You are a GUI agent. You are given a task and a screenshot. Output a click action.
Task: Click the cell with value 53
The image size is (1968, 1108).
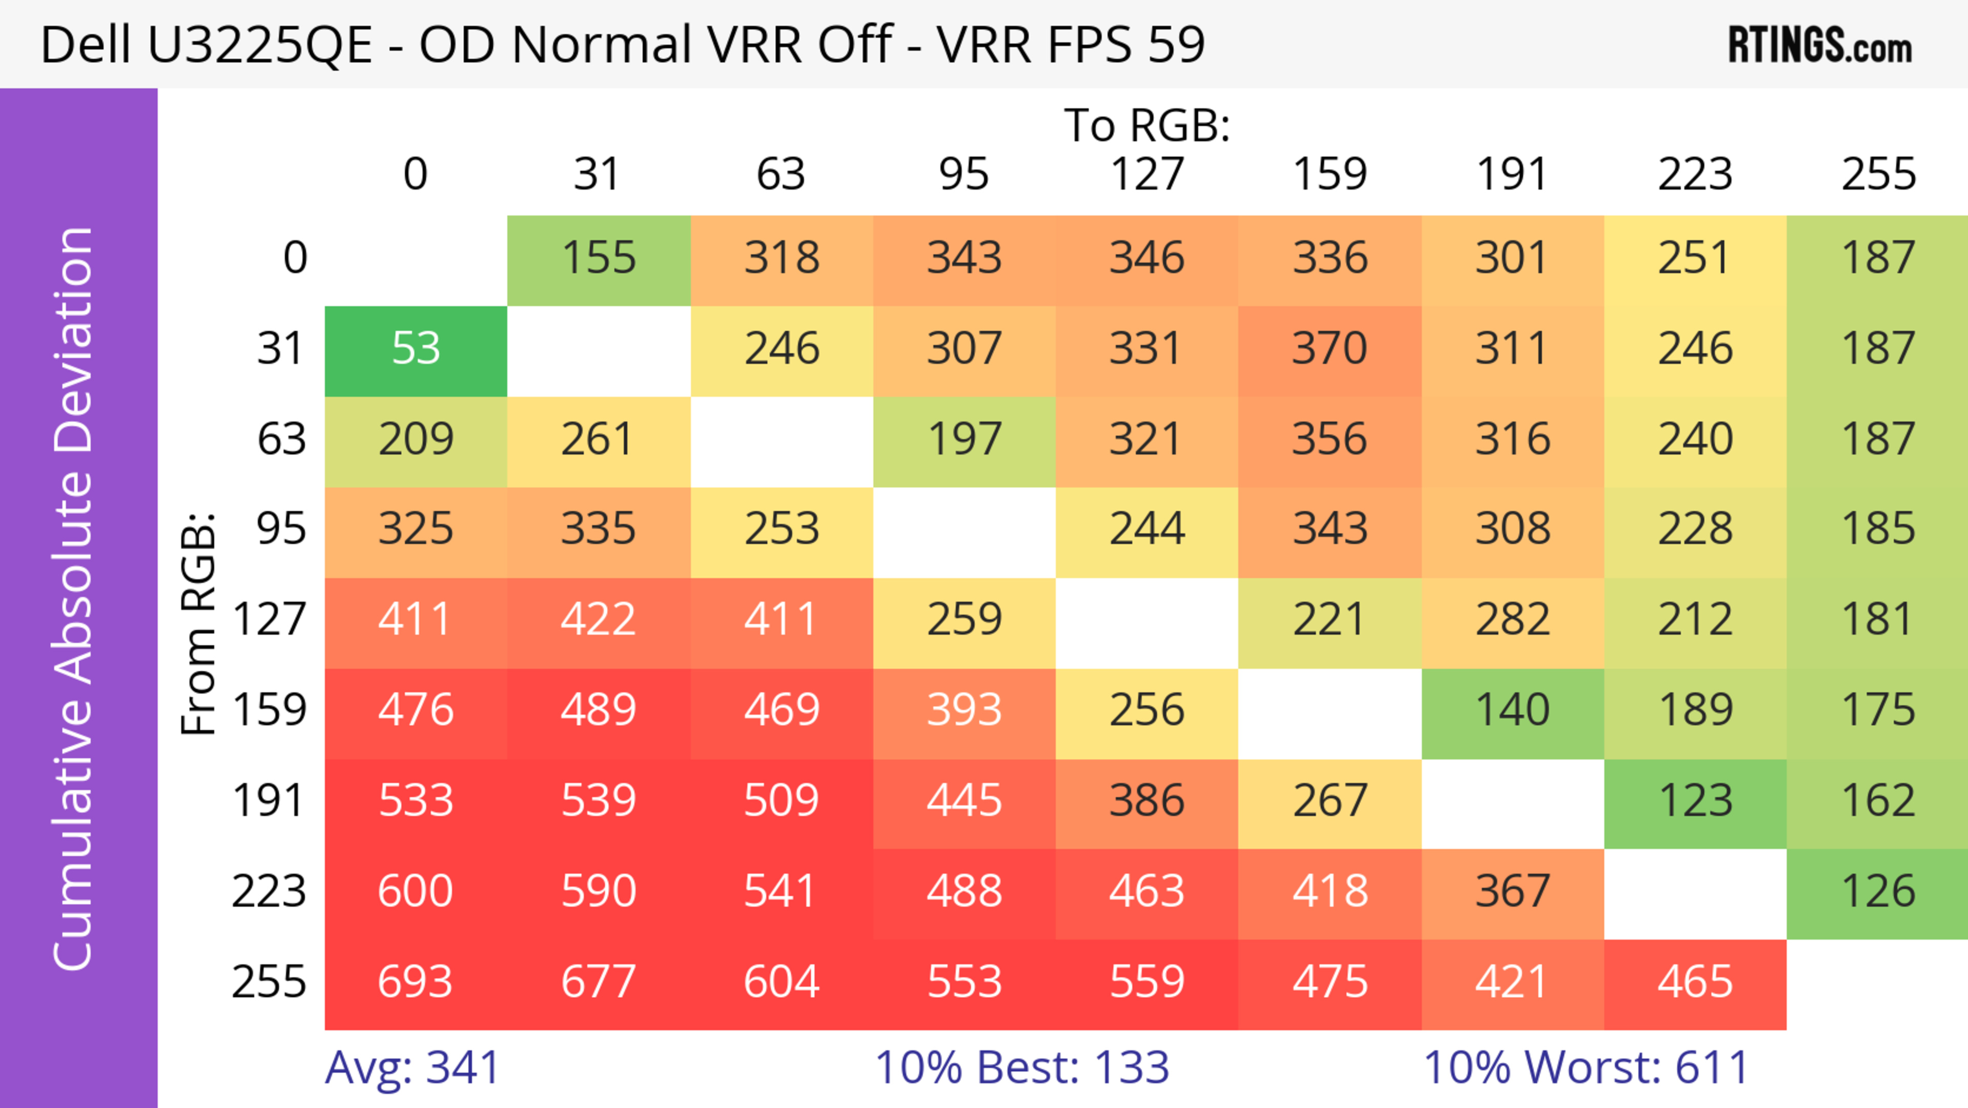click(x=416, y=350)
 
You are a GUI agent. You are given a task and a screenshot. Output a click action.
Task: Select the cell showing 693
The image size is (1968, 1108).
click(x=416, y=983)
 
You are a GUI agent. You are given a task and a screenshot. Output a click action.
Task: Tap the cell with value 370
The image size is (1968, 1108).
click(x=1329, y=350)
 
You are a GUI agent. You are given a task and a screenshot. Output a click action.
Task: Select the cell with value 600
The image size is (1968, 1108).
click(x=416, y=893)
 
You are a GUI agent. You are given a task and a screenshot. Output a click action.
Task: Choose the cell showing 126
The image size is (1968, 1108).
click(x=1878, y=893)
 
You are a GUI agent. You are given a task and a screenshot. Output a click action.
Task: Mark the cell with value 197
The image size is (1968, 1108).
click(x=964, y=440)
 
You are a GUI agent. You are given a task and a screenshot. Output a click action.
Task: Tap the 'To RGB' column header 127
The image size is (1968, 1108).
click(x=1147, y=174)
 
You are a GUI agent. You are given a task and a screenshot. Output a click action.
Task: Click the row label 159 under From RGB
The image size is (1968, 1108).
click(x=269, y=712)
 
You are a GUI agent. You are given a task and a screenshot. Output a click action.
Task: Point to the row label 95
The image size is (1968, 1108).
click(x=281, y=530)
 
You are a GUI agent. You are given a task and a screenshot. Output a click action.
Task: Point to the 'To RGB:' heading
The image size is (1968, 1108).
click(x=1147, y=126)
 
